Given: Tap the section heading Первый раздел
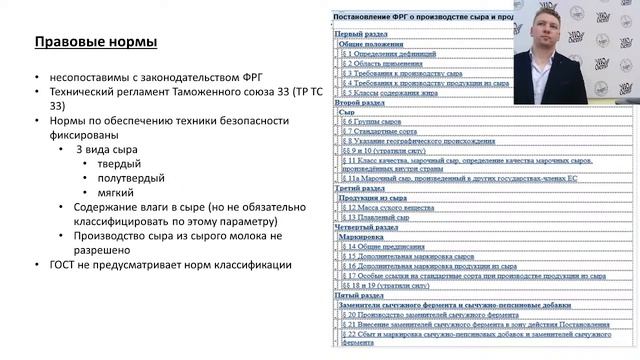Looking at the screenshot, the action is (x=361, y=34).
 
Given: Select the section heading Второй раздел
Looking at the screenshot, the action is (x=360, y=102).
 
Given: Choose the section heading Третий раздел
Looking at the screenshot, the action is (x=361, y=187).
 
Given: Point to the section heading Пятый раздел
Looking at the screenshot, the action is (x=359, y=295).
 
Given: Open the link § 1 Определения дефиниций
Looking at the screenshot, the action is (x=386, y=53).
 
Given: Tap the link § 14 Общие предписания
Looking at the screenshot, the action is (x=384, y=246).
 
